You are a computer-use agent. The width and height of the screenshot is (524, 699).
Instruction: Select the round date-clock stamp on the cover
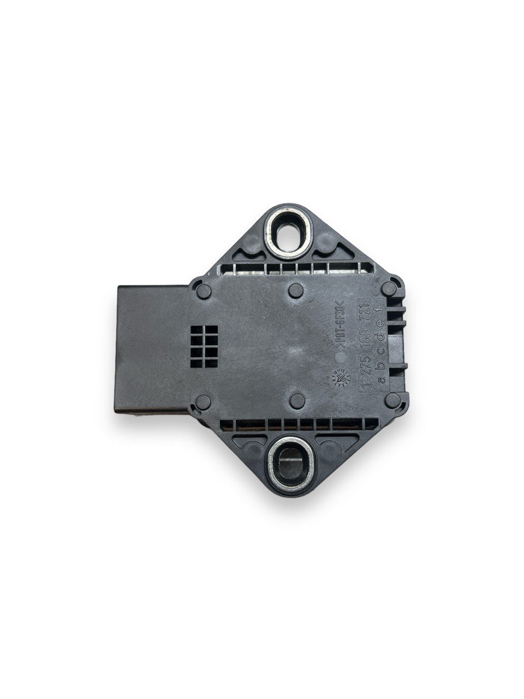[x=335, y=377]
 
